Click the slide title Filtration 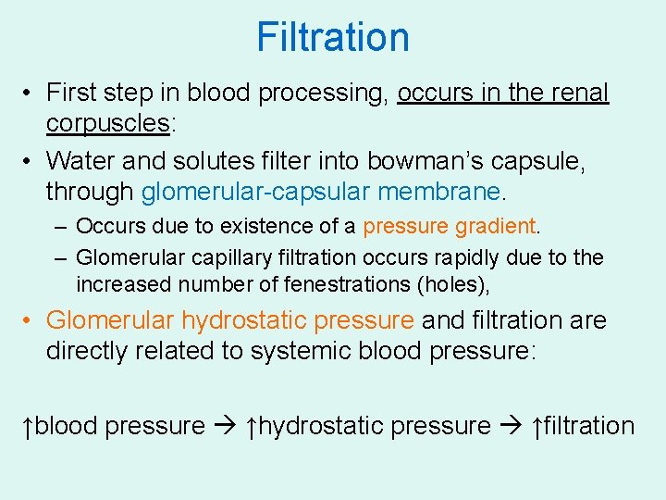(333, 37)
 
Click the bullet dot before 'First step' (31, 94)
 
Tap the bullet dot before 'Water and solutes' (31, 161)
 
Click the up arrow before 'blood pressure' (29, 427)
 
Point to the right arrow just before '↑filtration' (512, 427)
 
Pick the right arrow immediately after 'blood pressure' (225, 427)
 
